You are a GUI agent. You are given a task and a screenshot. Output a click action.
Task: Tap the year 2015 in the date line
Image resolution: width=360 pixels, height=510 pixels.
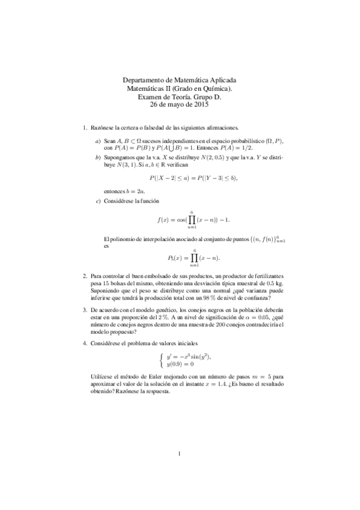click(199, 105)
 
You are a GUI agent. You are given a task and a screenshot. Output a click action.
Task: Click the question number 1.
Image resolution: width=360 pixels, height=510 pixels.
click(84, 127)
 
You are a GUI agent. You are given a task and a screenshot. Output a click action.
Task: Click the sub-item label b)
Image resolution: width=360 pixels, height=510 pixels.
click(98, 157)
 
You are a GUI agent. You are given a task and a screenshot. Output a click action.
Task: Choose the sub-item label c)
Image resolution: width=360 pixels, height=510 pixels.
click(98, 200)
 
